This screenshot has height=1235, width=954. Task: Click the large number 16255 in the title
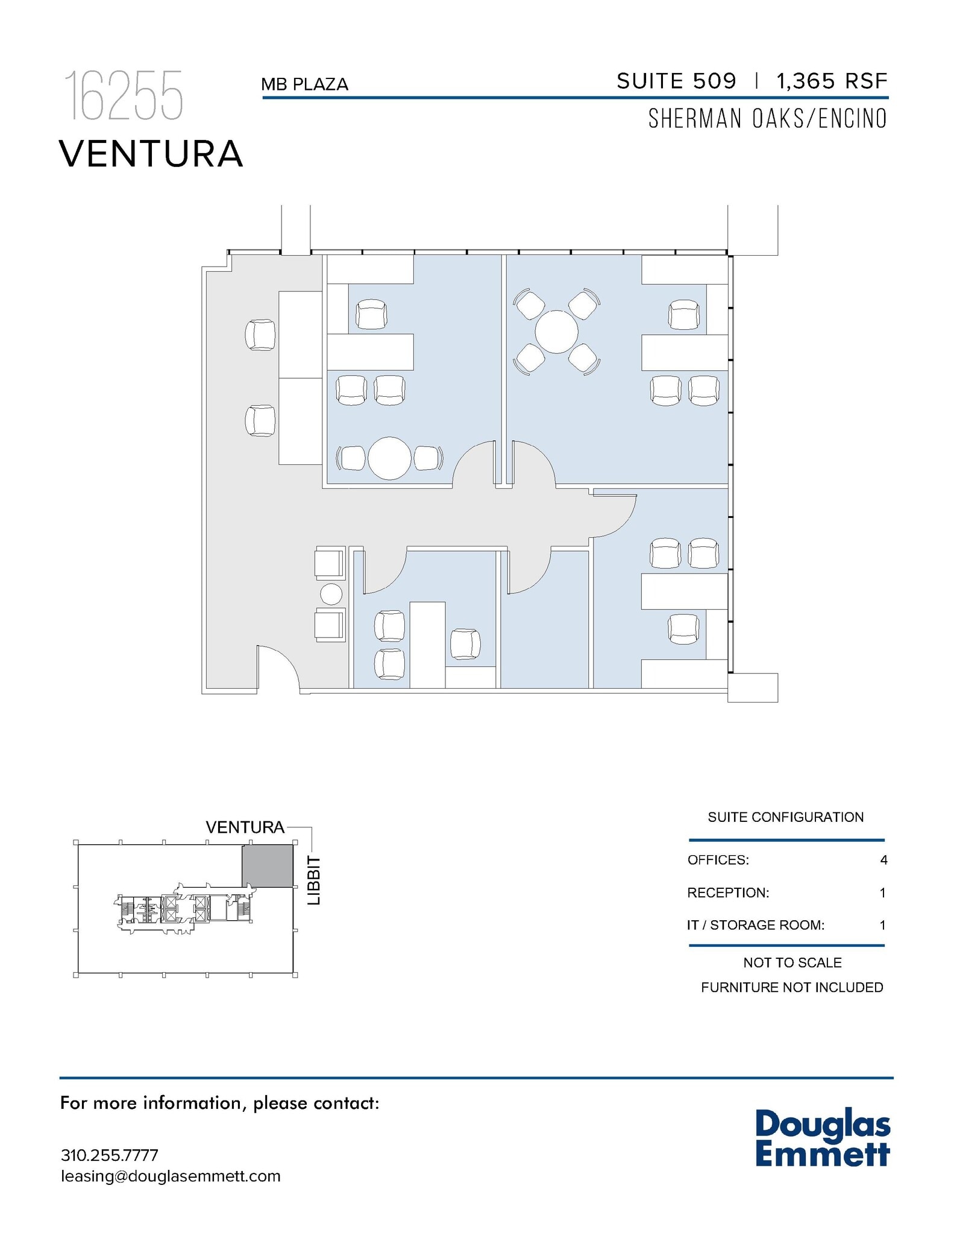coord(124,96)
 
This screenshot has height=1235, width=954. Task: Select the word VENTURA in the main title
coord(151,154)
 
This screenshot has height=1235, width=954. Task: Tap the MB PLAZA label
coord(304,84)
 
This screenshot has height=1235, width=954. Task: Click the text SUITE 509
coord(676,81)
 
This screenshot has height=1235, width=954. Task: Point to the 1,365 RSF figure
coord(832,81)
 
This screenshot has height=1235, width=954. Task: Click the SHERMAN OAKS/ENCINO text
coord(767,119)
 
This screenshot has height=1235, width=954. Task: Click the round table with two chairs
coord(389,458)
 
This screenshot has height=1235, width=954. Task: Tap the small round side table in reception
coord(331,594)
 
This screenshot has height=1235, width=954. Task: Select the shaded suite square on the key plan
coord(267,865)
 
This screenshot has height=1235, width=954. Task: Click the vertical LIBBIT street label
coord(314,880)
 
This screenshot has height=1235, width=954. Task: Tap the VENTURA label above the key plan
coord(245,827)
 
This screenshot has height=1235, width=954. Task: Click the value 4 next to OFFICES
coord(883,860)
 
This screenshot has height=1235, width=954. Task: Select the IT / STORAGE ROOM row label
coord(755,925)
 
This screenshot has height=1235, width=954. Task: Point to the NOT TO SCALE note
coord(792,962)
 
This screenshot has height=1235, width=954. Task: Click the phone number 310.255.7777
coord(109,1155)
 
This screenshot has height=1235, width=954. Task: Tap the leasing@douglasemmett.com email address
coord(171,1176)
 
